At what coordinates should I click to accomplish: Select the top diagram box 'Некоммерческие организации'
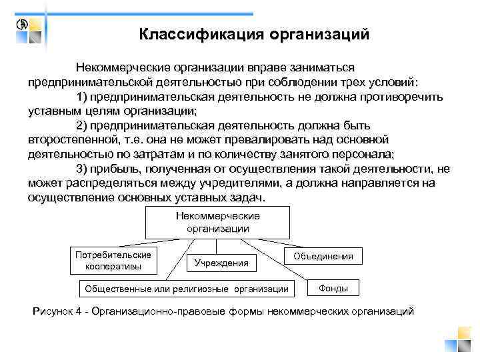point(217,222)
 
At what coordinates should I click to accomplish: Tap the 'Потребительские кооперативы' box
point(113,261)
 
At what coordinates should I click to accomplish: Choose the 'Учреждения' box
point(221,263)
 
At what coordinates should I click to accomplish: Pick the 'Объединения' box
point(327,256)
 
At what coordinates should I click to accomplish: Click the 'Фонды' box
point(333,287)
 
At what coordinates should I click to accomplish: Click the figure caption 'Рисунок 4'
point(60,311)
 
